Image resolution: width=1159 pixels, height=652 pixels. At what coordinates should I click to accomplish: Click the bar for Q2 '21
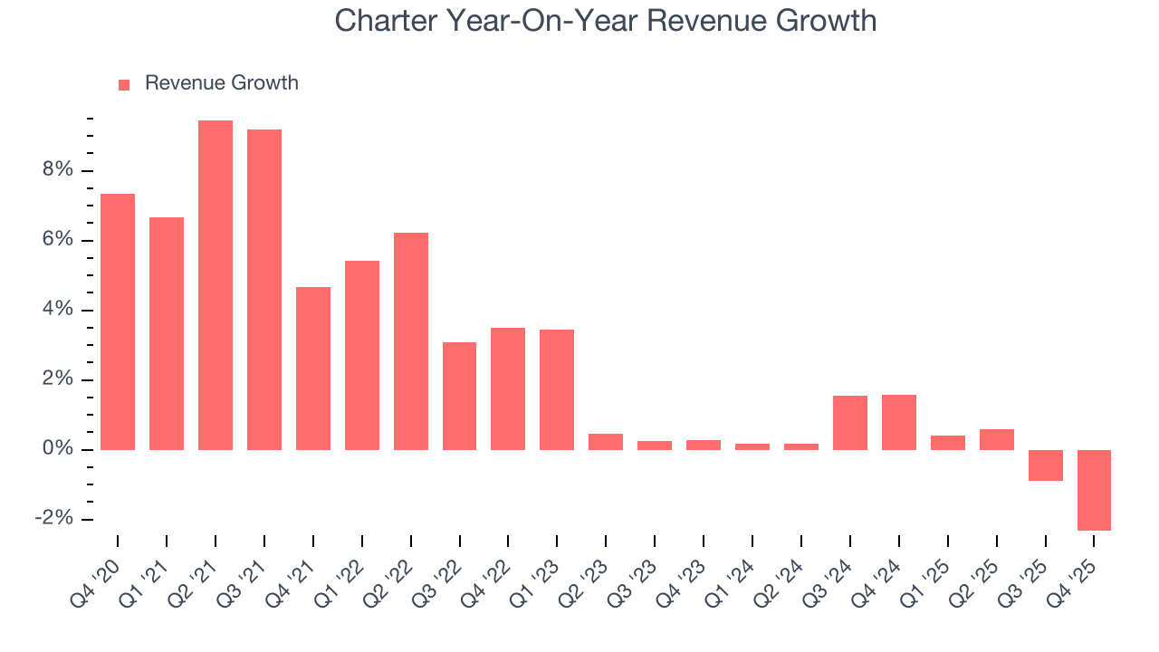216,285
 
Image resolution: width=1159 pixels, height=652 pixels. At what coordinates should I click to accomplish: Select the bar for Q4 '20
118,321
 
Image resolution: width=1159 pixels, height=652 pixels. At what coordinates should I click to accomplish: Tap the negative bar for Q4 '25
1094,490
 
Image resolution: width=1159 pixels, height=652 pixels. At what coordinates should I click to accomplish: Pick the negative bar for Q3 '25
1045,465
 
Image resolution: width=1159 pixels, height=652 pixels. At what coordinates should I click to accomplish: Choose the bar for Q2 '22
411,341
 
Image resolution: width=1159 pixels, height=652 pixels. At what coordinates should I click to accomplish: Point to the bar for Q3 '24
850,423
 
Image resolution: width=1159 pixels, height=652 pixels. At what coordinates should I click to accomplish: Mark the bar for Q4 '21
313,369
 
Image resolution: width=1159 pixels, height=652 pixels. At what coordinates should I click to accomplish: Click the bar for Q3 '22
459,396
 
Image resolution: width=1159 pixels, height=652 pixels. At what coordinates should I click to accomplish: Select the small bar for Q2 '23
606,442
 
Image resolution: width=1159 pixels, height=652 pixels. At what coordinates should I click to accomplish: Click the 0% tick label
59,450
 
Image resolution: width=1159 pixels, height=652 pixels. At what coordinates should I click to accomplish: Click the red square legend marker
124,84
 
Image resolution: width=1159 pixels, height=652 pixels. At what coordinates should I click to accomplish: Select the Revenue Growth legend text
221,83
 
